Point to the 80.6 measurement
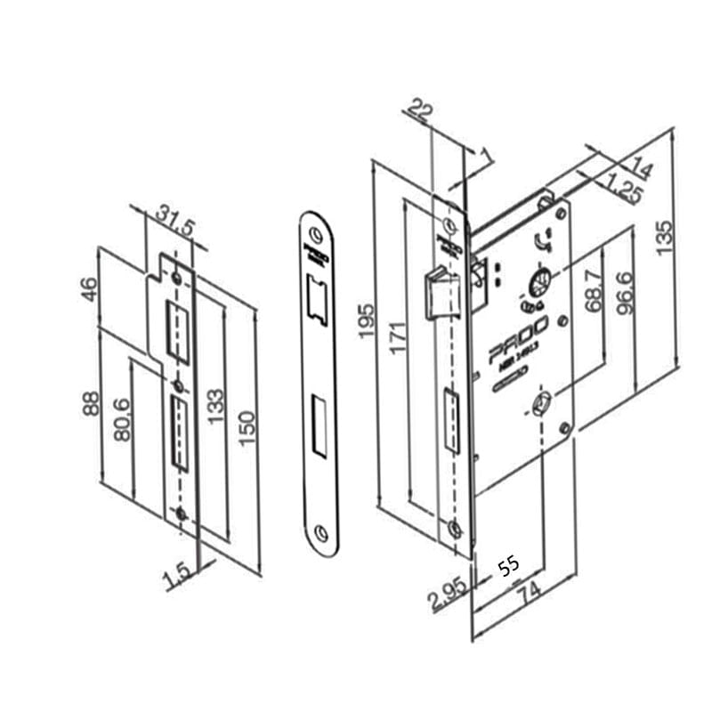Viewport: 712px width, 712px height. (x=121, y=417)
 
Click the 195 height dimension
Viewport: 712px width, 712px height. (x=363, y=320)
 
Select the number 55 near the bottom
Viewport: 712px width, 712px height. (x=508, y=568)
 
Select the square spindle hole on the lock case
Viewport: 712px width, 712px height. (x=540, y=407)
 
